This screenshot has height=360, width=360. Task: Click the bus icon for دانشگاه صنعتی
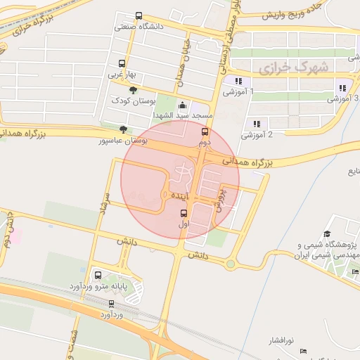(139, 16)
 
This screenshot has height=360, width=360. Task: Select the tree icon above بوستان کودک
(134, 89)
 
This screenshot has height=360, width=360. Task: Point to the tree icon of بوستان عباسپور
(124, 129)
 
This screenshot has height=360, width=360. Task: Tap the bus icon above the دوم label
(205, 131)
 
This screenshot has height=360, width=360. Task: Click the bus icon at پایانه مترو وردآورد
(97, 275)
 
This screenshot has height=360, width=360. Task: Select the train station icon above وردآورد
(111, 304)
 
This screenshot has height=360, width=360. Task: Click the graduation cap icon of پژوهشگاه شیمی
(327, 234)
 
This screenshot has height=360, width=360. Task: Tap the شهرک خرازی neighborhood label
(293, 67)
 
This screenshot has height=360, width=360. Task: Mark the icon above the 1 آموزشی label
(238, 81)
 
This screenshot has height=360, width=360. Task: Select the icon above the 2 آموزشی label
(257, 123)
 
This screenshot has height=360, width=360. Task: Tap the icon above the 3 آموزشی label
(342, 88)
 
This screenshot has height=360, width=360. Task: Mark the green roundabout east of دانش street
(230, 264)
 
